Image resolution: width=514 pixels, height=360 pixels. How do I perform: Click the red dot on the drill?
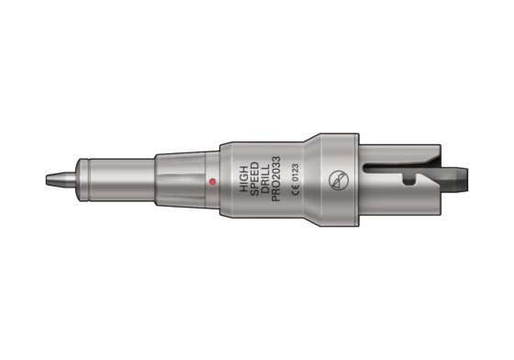click(211, 181)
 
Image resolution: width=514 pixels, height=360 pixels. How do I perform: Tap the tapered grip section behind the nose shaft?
click(179, 179)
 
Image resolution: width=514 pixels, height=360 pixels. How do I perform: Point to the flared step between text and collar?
click(311, 181)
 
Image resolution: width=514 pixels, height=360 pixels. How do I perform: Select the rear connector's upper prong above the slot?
click(404, 152)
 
